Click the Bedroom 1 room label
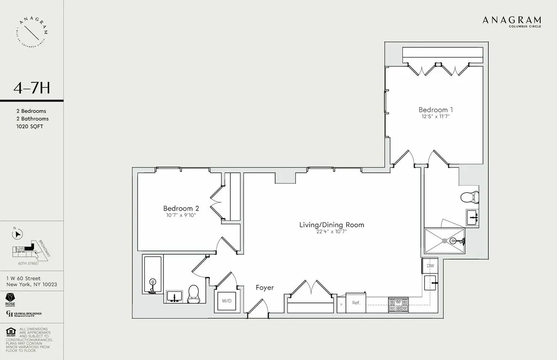[x=435, y=110]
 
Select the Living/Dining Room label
[x=331, y=225]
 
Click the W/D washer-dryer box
[x=227, y=301]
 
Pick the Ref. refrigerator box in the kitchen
[x=356, y=302]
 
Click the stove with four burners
[x=398, y=305]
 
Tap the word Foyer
[x=265, y=288]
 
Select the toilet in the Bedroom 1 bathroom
[x=469, y=197]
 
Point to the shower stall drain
[x=444, y=241]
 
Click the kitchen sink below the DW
[x=430, y=282]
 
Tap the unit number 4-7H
[x=32, y=88]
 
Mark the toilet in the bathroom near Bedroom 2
[x=194, y=294]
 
